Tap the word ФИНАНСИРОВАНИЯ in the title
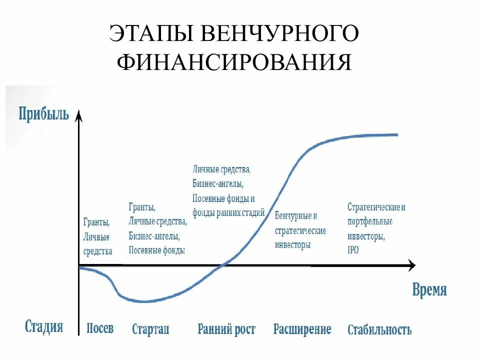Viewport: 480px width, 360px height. click(234, 63)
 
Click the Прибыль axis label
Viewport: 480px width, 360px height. click(44, 113)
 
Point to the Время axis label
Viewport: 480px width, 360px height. click(429, 290)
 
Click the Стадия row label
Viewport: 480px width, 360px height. click(44, 327)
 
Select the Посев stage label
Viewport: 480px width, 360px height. click(100, 328)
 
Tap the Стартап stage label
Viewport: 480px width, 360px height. click(150, 329)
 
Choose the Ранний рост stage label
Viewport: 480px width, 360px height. click(226, 329)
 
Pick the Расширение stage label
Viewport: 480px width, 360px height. click(302, 329)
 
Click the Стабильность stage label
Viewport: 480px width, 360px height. click(379, 330)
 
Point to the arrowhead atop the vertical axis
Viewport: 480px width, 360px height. click(78, 116)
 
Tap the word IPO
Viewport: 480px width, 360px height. click(353, 250)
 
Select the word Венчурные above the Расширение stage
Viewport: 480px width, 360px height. click(293, 216)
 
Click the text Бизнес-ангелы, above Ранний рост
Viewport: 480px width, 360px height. click(218, 183)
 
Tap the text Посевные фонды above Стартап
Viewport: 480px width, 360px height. click(156, 250)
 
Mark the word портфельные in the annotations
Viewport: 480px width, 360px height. click(370, 221)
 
